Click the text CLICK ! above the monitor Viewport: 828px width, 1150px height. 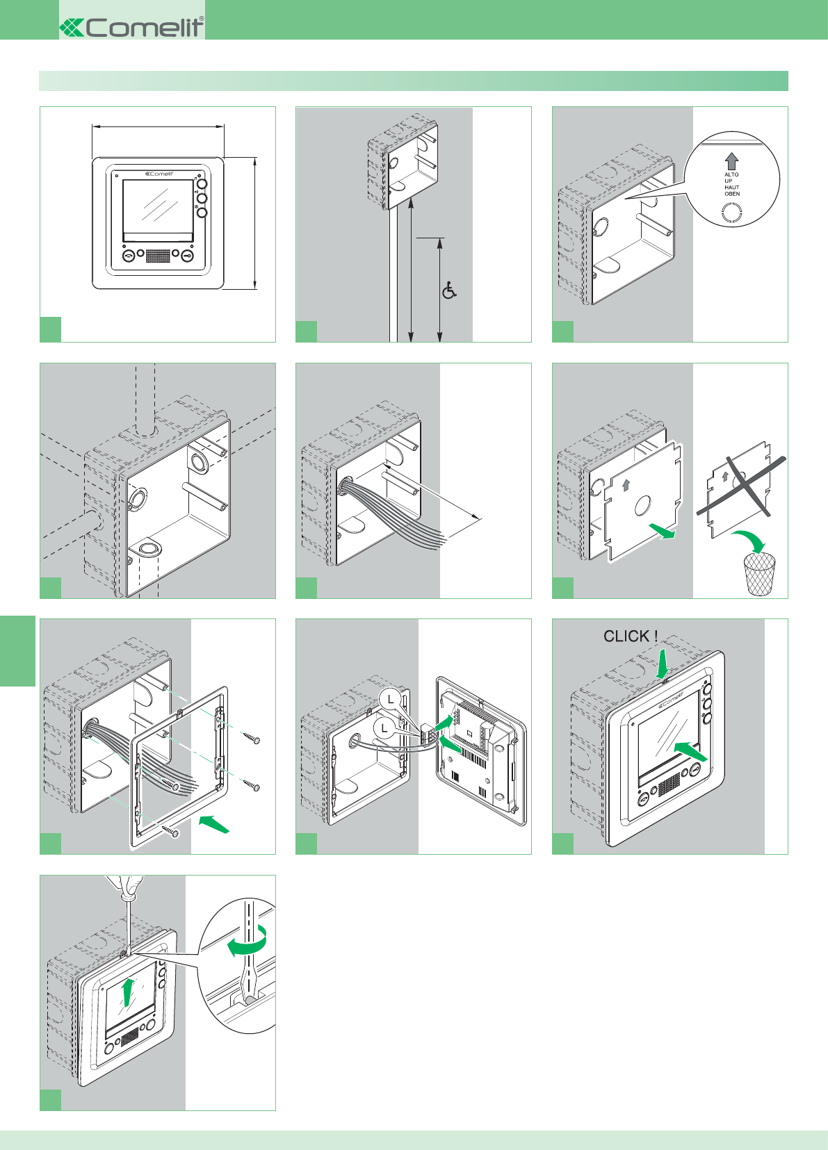[x=630, y=636]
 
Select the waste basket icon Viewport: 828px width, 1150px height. [x=759, y=573]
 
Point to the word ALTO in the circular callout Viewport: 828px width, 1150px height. [x=731, y=175]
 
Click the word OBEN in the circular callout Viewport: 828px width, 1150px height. [x=732, y=194]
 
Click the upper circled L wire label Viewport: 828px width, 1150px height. [x=392, y=699]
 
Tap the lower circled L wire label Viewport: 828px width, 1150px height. [x=384, y=728]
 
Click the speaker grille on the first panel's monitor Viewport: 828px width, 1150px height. [x=158, y=256]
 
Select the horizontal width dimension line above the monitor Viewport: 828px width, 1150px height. [x=158, y=126]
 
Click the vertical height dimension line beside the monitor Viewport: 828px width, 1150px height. [x=255, y=222]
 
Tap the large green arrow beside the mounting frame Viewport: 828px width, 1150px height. [x=214, y=825]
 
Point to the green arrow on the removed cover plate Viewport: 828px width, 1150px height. [x=662, y=532]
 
